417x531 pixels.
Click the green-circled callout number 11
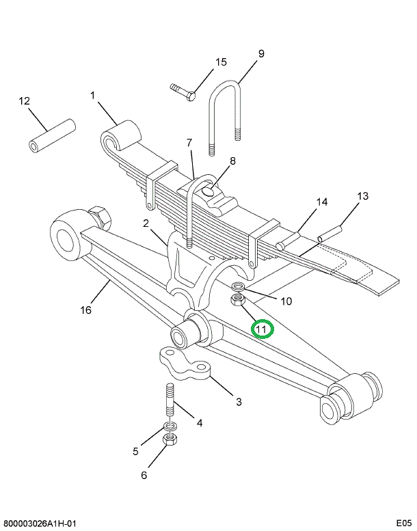263,329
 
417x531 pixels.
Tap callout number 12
25,101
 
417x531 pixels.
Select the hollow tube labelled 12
51,137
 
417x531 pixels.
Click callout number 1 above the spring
93,96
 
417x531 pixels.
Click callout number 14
322,202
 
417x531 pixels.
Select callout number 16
85,310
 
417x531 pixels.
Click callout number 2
146,223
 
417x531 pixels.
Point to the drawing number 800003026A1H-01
40,523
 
